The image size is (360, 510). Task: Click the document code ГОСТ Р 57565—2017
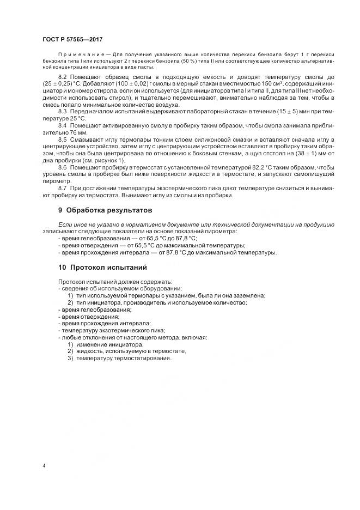pyautogui.click(x=72, y=40)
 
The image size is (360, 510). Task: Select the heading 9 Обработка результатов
pyautogui.click(x=105, y=210)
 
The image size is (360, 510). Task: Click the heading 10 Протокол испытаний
pyautogui.click(x=102, y=268)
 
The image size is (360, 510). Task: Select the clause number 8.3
pyautogui.click(x=63, y=111)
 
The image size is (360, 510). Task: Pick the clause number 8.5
pyautogui.click(x=63, y=140)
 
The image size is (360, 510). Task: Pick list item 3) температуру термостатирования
pyautogui.click(x=120, y=359)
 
